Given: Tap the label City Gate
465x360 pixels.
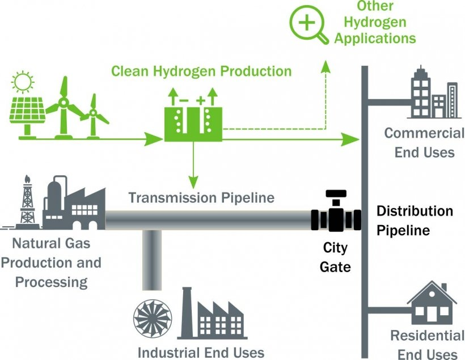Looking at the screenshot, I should coord(335,257).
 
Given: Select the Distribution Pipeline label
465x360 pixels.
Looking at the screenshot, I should coord(415,221).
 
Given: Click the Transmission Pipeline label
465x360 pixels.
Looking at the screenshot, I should coord(201,198).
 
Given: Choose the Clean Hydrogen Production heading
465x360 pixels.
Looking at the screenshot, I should coord(201,71).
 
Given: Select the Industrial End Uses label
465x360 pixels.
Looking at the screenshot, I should coord(202,351).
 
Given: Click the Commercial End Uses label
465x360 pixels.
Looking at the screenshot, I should coord(424,142).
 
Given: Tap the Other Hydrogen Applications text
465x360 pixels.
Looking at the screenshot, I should coord(375,23).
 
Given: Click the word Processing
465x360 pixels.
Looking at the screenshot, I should coord(52,282).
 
